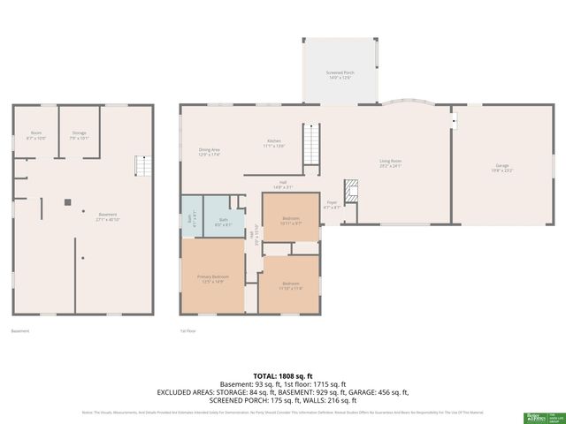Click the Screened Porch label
pos(340,74)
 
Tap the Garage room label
pos(502,168)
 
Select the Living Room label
pos(391,163)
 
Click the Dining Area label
pos(210,151)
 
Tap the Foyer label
pos(332,204)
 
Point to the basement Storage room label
pos(78,136)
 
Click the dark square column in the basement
pos(66,201)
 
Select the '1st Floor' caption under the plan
pos(187,331)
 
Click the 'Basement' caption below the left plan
pos(20,331)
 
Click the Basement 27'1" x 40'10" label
pos(107,216)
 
